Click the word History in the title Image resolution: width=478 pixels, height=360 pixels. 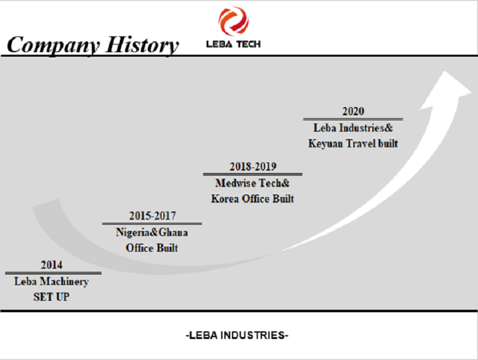(x=142, y=45)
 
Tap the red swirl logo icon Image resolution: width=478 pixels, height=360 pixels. (x=233, y=21)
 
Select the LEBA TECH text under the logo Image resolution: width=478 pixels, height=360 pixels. (x=233, y=44)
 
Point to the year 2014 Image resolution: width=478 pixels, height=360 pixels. (x=52, y=264)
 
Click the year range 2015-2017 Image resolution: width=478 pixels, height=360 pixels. (x=152, y=215)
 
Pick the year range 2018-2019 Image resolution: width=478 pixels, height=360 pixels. (x=253, y=166)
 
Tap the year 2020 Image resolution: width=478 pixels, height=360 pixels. (x=353, y=111)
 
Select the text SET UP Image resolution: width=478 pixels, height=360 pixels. (x=52, y=296)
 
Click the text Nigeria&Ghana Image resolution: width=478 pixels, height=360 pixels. (x=152, y=233)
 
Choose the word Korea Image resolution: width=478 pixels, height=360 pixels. (x=225, y=199)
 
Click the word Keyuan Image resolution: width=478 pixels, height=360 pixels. (x=326, y=143)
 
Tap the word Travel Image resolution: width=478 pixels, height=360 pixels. (x=361, y=143)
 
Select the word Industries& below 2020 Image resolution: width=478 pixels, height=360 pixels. (x=366, y=127)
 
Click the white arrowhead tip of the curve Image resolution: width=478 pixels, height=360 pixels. (x=444, y=71)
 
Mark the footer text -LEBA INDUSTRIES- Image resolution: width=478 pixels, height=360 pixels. (x=237, y=335)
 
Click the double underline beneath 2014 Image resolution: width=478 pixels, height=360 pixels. (x=54, y=273)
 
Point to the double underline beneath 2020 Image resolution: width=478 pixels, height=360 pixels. (x=353, y=119)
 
